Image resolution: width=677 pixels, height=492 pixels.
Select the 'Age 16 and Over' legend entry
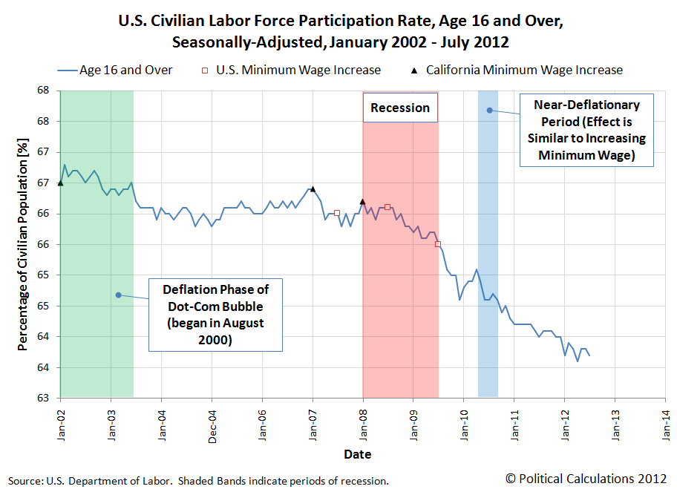(115, 70)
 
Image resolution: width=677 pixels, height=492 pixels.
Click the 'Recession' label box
(400, 108)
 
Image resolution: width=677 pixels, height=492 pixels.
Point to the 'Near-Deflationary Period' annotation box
(586, 131)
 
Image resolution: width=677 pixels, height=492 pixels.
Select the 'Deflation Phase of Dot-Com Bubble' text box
(216, 314)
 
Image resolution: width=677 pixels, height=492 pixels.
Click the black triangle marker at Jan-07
(313, 188)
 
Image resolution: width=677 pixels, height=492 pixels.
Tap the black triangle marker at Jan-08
(362, 201)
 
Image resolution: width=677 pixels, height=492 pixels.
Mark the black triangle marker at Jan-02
(60, 183)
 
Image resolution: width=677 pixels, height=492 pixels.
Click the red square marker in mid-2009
(438, 244)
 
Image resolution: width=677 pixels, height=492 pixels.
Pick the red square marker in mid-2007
(337, 213)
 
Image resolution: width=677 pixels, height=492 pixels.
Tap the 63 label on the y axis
(45, 398)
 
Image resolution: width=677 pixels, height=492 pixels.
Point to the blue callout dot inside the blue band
(489, 111)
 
